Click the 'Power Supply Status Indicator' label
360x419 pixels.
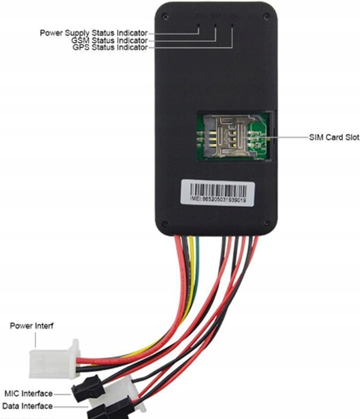[x=94, y=33]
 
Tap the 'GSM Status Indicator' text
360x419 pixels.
[x=110, y=40]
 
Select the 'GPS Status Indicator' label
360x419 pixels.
[x=111, y=48]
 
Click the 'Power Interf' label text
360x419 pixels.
[x=32, y=326]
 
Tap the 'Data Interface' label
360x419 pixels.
[x=27, y=406]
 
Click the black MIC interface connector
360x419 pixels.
[x=87, y=390]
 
